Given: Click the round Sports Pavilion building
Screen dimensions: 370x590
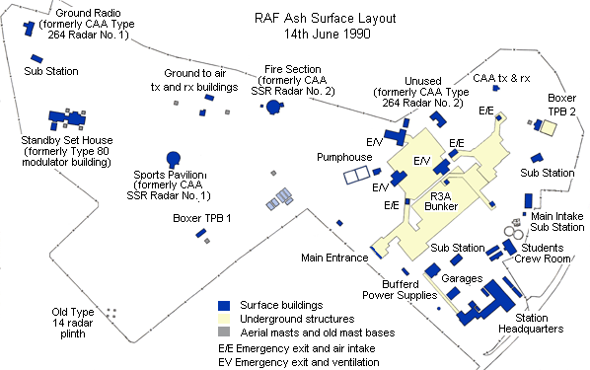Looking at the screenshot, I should point(174,156).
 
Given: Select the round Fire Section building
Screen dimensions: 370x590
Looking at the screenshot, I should point(272,105).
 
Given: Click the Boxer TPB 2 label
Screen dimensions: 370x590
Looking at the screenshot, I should point(561,105).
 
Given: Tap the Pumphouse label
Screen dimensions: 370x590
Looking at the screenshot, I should point(344,157).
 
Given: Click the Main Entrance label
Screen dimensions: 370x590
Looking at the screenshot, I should point(334,259).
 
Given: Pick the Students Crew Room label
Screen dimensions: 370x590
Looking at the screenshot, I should point(547,254).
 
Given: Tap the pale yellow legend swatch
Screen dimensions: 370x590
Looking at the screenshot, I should point(224,319).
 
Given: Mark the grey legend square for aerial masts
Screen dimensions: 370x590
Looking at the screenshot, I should point(224,333).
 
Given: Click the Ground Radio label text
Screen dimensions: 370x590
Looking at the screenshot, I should point(79,22).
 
